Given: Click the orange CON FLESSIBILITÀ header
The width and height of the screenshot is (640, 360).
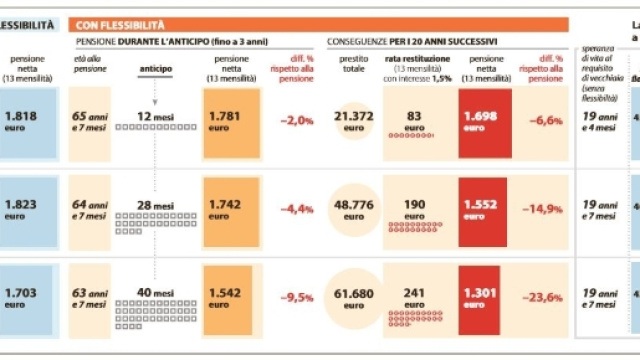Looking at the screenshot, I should (320, 23).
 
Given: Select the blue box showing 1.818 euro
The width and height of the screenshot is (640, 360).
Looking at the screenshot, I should (29, 121).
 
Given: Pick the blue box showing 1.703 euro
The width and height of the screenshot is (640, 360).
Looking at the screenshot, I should (29, 295).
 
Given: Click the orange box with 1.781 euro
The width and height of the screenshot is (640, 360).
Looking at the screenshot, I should (232, 121).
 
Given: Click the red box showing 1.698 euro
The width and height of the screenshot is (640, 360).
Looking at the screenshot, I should (486, 121).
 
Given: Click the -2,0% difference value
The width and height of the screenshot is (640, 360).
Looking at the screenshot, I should (296, 121).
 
